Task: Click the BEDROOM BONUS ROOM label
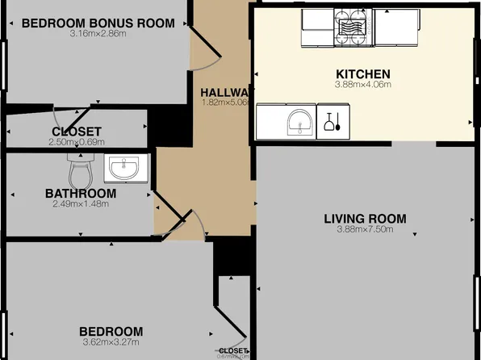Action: pyautogui.click(x=98, y=23)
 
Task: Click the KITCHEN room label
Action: pyautogui.click(x=363, y=73)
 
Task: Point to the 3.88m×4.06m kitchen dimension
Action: pyautogui.click(x=363, y=84)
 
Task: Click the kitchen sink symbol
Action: pyautogui.click(x=301, y=123)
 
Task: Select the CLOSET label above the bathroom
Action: pyautogui.click(x=76, y=132)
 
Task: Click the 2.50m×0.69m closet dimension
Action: pyautogui.click(x=76, y=142)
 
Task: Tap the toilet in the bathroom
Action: pyautogui.click(x=80, y=170)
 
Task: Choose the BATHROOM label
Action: pyautogui.click(x=80, y=194)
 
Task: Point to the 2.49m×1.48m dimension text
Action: pyautogui.click(x=80, y=204)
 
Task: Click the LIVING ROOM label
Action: pyautogui.click(x=365, y=219)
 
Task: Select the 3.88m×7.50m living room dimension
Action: pyautogui.click(x=365, y=229)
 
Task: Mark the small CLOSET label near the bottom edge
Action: pyautogui.click(x=232, y=351)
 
